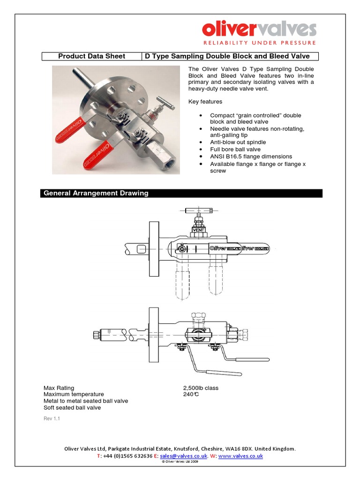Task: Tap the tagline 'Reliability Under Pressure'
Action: point(259,44)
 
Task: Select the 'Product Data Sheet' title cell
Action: point(91,56)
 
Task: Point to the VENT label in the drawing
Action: point(199,229)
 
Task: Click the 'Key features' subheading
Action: point(205,101)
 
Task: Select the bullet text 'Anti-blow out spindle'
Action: point(238,142)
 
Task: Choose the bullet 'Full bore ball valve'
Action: point(235,149)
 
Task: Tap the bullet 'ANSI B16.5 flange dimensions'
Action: point(251,156)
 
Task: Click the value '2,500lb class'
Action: point(201,388)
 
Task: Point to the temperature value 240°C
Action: point(191,395)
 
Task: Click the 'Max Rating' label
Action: point(59,388)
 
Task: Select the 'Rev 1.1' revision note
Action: point(52,419)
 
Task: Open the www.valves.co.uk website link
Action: point(240,456)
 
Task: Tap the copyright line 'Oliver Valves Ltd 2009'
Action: point(180,462)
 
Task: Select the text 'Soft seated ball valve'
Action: point(72,408)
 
